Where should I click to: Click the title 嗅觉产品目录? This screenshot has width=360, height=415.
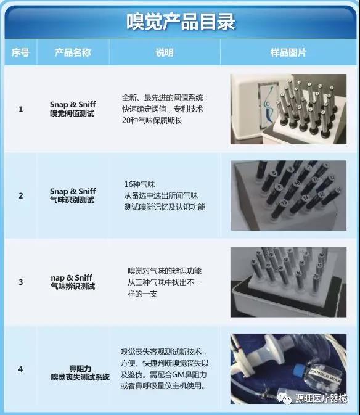181,22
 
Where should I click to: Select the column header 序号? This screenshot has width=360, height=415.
20,52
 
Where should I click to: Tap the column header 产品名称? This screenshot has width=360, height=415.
73,52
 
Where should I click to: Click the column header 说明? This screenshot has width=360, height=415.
164,52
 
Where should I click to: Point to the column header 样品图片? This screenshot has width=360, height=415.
288,52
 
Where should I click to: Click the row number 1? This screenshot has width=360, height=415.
20,109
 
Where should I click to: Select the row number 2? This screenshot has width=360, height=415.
20,195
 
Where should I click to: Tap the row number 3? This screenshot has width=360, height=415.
20,282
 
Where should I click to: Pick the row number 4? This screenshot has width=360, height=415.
20,369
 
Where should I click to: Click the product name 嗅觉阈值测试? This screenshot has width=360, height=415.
72,113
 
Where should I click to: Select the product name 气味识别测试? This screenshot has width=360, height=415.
72,200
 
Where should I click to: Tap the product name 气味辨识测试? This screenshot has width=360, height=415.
73,286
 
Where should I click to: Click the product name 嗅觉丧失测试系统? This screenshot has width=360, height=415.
80,377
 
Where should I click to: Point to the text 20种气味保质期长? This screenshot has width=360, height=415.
152,120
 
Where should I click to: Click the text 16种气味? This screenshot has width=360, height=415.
139,184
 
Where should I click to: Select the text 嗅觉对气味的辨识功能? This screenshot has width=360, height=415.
165,271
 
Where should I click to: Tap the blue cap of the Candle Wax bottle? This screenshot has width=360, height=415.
298,370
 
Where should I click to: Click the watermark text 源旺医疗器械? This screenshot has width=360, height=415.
321,398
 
